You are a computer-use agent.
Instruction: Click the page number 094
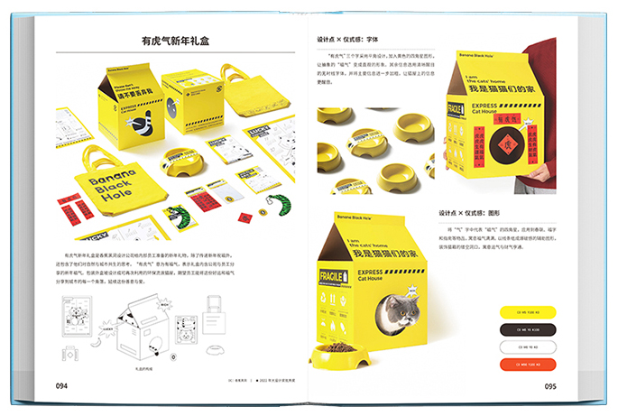click(61, 385)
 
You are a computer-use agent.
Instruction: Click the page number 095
click(550, 385)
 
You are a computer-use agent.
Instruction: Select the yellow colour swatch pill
click(528, 312)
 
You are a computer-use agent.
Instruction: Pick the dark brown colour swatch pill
click(528, 329)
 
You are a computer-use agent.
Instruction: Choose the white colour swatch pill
click(528, 347)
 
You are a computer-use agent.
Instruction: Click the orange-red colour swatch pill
click(528, 364)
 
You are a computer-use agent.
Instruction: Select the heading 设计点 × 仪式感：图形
click(469, 213)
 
